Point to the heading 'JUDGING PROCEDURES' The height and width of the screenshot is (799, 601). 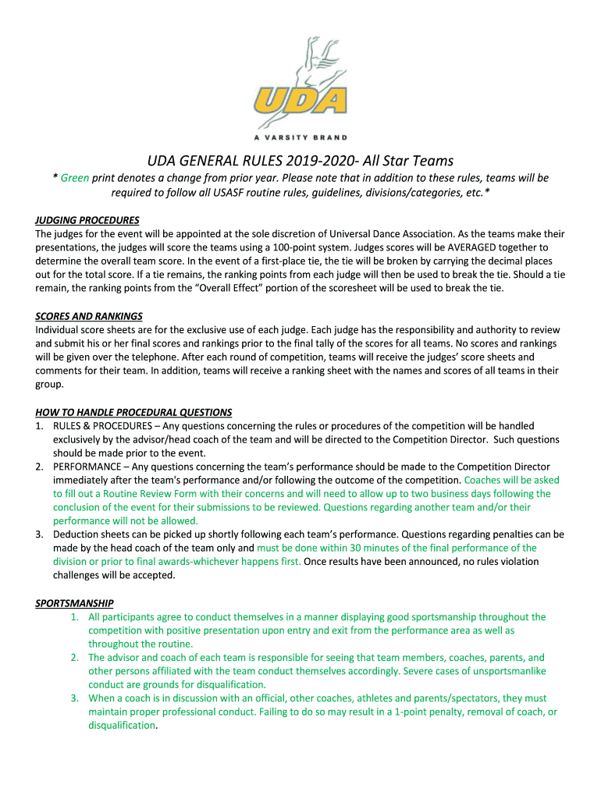click(x=87, y=220)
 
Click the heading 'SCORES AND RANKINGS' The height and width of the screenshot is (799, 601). click(x=89, y=316)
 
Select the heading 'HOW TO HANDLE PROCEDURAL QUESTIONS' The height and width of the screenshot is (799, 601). click(x=133, y=412)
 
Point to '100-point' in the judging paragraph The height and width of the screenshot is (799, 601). click(x=293, y=247)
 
